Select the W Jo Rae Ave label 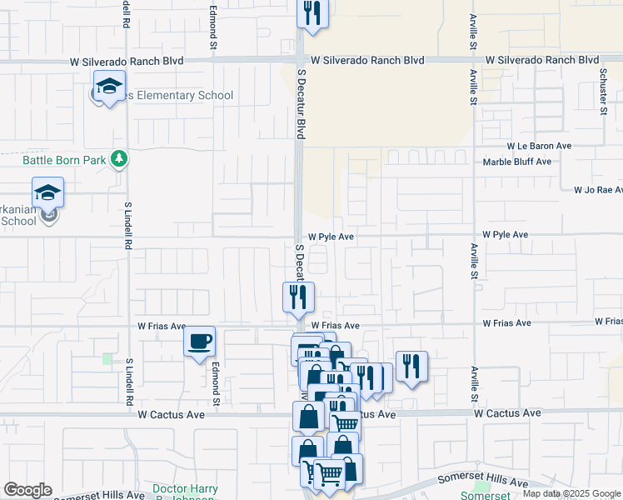(x=597, y=190)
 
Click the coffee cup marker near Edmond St (x=199, y=342)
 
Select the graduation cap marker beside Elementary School (x=108, y=86)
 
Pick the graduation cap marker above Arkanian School (x=48, y=192)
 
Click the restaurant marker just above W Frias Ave (x=297, y=297)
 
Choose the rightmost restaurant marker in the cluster (x=411, y=366)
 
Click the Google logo (x=27, y=490)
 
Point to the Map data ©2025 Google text (x=571, y=494)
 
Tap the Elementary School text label (x=180, y=96)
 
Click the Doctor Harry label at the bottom (x=185, y=489)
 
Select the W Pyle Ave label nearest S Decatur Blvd (x=331, y=237)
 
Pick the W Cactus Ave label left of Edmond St (x=171, y=414)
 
